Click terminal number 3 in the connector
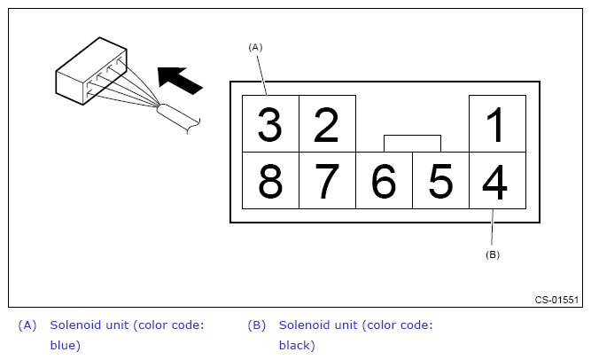pos(270,124)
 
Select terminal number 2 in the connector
pos(327,124)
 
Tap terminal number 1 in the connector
pos(497,124)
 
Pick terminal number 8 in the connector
pos(270,181)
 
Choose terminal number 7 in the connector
pos(327,181)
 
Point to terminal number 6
pos(384,181)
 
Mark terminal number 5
pos(440,181)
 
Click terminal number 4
pos(497,181)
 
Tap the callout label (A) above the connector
pos(256,46)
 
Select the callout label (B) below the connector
pos(492,254)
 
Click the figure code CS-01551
pos(556,300)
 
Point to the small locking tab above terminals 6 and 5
pos(412,143)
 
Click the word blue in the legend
pos(65,345)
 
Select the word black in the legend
pos(297,345)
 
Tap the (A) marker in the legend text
pos(27,325)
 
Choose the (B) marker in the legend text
pos(256,325)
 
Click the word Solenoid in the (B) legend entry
pos(307,325)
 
